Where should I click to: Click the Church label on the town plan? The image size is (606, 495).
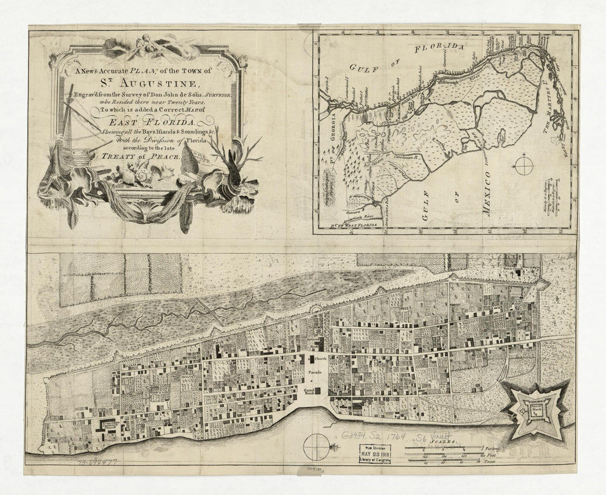tap(321, 358)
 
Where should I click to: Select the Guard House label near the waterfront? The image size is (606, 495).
tap(309, 393)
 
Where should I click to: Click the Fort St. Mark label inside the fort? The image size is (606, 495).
tap(534, 410)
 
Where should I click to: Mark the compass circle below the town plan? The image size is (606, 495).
tap(317, 444)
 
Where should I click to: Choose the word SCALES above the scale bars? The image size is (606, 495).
tap(444, 442)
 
